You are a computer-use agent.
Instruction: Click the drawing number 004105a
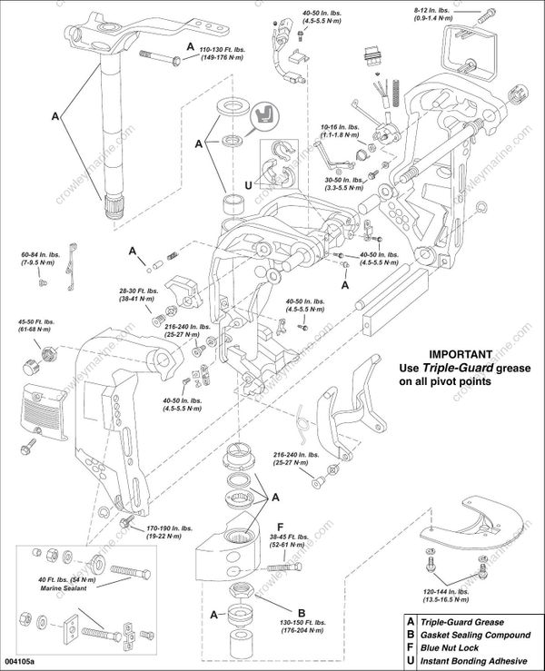click(23, 663)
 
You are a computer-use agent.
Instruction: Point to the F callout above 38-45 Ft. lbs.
click(280, 526)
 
